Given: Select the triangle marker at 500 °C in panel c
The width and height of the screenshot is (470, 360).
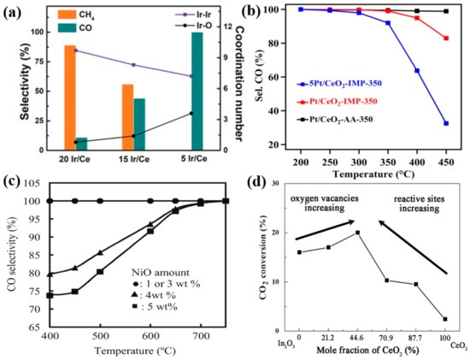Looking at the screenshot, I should (x=100, y=253).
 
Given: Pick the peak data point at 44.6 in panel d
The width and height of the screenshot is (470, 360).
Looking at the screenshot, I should (x=357, y=233).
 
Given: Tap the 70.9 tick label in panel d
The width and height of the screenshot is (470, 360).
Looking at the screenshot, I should (x=386, y=339).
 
